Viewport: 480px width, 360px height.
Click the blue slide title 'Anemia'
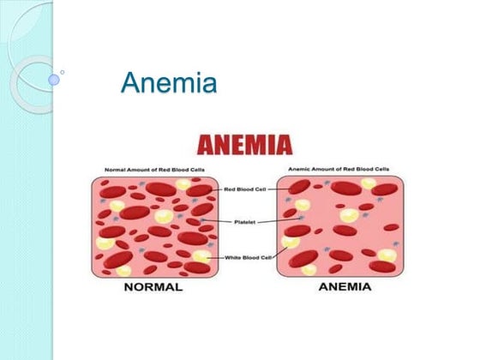click(x=169, y=83)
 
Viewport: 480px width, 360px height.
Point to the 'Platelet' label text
click(x=244, y=221)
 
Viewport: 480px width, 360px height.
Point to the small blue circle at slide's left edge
click(x=54, y=79)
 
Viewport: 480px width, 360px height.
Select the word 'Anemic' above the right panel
click(x=298, y=170)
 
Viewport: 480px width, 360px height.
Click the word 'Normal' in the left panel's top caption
click(x=114, y=170)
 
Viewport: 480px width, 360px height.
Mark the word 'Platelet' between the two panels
click(x=244, y=221)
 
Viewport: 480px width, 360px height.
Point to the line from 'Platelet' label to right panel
click(x=276, y=221)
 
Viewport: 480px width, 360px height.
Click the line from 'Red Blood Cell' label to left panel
click(x=213, y=189)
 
